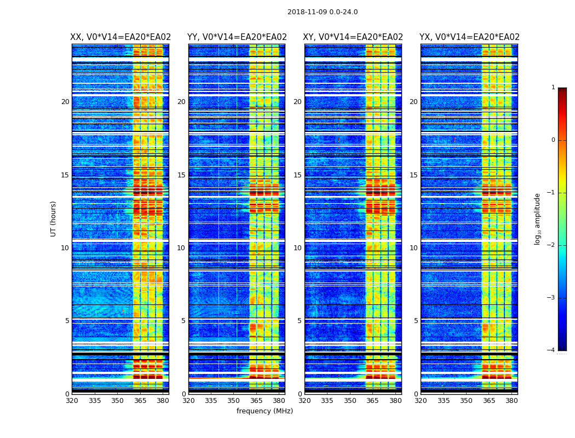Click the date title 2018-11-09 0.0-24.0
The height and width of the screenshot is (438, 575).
323,12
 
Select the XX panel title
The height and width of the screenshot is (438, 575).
120,37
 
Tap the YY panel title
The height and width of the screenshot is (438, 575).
237,37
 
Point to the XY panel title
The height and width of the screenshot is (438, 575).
353,37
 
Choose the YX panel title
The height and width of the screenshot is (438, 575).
469,37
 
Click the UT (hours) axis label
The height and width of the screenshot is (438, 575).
54,218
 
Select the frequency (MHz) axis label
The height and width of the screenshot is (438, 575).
264,411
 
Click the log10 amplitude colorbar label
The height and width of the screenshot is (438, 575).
538,218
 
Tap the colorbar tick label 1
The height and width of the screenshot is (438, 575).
553,88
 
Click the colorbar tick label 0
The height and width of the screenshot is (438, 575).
553,140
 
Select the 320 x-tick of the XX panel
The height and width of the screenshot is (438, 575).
72,400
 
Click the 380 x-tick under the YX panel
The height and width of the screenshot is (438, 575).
511,400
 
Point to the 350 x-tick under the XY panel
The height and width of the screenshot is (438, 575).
350,400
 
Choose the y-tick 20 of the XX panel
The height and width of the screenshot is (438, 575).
65,102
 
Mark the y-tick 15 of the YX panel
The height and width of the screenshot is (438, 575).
414,175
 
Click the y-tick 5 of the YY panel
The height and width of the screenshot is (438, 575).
183,321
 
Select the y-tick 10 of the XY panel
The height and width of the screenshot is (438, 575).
297,248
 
